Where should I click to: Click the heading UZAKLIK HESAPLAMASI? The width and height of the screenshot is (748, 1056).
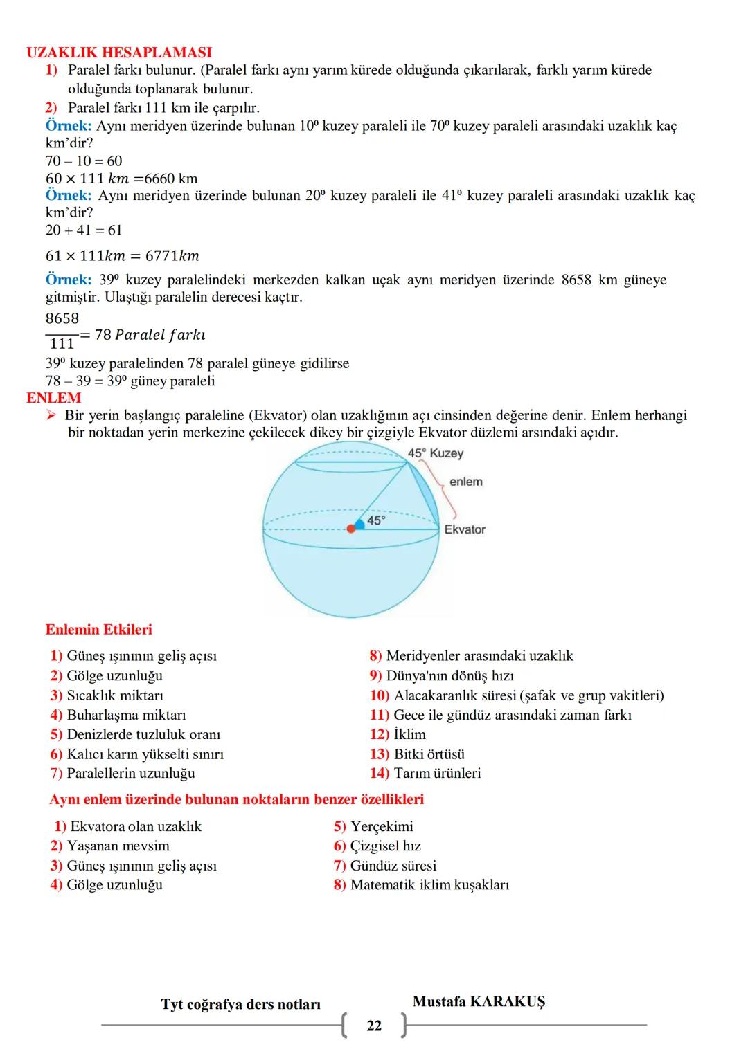point(119,53)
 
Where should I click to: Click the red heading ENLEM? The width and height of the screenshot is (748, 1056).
point(53,398)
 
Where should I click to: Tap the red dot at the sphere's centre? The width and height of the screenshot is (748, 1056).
point(351,529)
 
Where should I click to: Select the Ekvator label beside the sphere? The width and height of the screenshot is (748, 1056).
point(465,529)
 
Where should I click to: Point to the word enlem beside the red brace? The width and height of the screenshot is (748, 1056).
point(465,482)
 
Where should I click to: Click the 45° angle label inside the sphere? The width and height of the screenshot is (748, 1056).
point(376,520)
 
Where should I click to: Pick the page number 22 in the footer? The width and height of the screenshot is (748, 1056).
point(374,1026)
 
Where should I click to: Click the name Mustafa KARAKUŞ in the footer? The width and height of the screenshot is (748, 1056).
point(479,1001)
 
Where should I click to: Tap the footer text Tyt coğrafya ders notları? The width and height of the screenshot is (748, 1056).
point(240,1004)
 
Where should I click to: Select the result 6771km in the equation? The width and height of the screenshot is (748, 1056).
point(172,256)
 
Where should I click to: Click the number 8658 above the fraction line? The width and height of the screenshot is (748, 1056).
point(62,319)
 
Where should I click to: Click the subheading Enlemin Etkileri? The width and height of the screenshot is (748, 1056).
point(98,630)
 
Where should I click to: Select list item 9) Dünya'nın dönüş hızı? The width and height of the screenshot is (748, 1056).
point(441,675)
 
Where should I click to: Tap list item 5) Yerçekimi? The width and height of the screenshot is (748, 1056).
point(373,826)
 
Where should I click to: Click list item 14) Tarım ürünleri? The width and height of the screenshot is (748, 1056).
point(425,773)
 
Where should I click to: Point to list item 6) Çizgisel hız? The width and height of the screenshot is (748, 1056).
point(377,846)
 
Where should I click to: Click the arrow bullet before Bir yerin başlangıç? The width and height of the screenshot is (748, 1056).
point(51,415)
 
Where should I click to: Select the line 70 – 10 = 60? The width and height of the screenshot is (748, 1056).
point(84,161)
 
